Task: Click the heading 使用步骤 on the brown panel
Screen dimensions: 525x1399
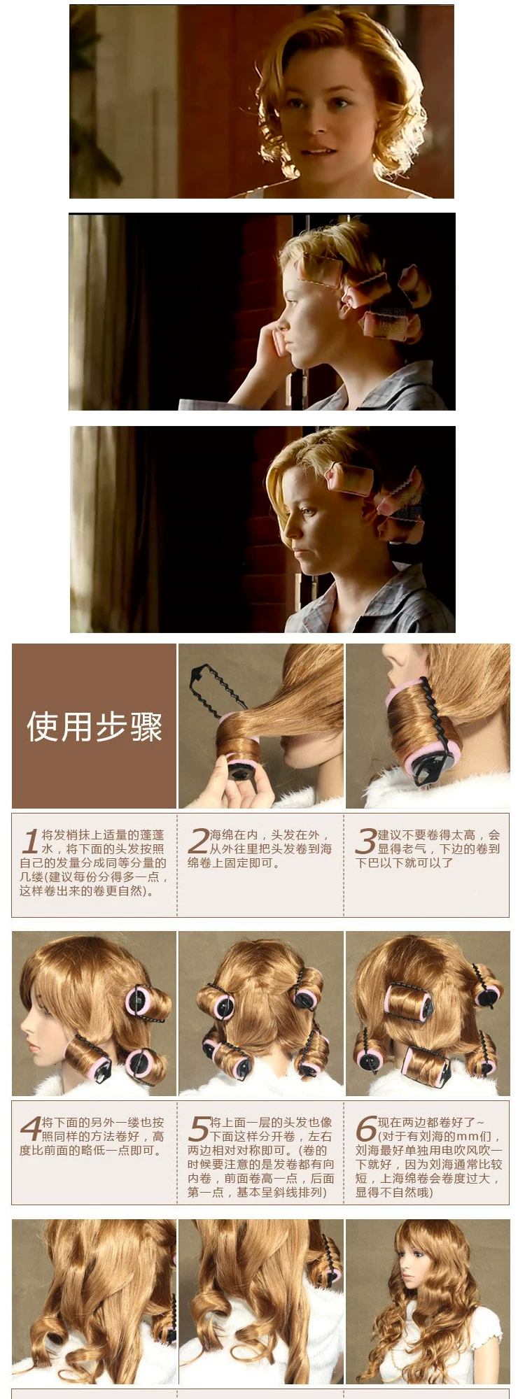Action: point(94,727)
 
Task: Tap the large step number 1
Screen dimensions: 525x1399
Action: point(29,841)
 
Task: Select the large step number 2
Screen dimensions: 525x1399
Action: point(199,841)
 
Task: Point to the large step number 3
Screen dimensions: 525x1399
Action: point(366,841)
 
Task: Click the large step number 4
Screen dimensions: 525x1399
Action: point(31,1129)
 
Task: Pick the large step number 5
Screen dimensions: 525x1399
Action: point(199,1129)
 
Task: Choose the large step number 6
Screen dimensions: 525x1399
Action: point(366,1129)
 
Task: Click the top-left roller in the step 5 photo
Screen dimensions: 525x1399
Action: point(218,1002)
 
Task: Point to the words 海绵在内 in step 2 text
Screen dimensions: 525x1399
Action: point(234,835)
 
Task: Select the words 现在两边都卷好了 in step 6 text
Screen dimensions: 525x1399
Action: point(426,1123)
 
